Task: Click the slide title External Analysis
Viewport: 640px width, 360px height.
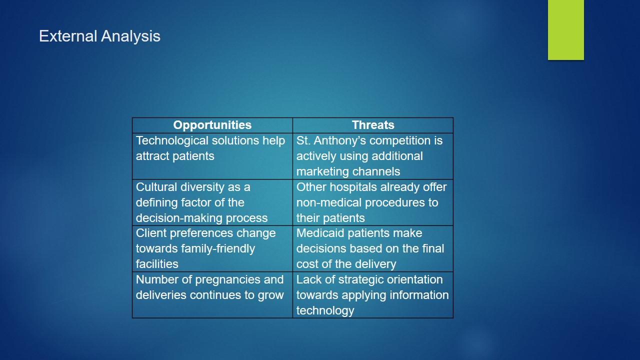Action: pyautogui.click(x=99, y=36)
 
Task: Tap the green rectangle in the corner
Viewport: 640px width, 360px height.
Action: pyautogui.click(x=565, y=29)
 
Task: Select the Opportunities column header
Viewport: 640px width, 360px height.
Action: pyautogui.click(x=212, y=125)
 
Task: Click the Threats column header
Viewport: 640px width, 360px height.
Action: pyautogui.click(x=373, y=125)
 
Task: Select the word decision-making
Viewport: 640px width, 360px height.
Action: pyautogui.click(x=179, y=218)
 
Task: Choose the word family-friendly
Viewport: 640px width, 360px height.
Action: pyautogui.click(x=217, y=249)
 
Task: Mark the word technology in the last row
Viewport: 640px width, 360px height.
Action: pyautogui.click(x=325, y=311)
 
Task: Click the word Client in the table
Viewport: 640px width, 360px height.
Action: pyautogui.click(x=151, y=233)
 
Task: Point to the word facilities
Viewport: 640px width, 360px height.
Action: pyautogui.click(x=157, y=264)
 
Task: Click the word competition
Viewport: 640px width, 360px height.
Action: pyautogui.click(x=399, y=141)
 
